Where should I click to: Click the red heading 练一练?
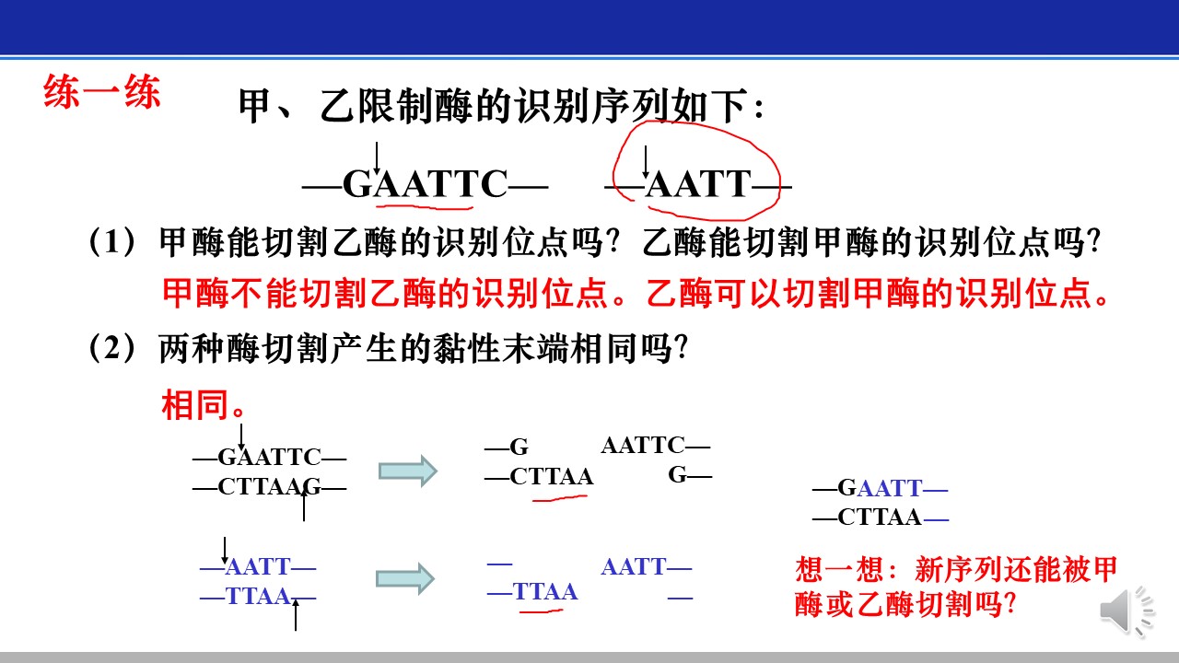[101, 91]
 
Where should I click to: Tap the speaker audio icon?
[1126, 611]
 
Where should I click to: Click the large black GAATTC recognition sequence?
[426, 184]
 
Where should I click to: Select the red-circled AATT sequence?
[698, 184]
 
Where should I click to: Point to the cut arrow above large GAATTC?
[377, 157]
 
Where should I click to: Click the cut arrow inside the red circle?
[646, 162]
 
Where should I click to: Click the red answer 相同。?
[204, 404]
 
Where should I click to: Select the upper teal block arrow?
[408, 471]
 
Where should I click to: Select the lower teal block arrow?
[405, 579]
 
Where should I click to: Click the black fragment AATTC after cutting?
[643, 445]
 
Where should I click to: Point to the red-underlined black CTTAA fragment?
[551, 477]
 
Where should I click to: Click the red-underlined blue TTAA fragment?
[544, 591]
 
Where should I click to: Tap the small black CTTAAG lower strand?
[269, 487]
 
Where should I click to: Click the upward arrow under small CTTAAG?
[304, 506]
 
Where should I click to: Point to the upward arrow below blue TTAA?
[296, 615]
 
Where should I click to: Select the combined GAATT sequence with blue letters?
[880, 488]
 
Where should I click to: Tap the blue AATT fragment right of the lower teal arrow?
[634, 567]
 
